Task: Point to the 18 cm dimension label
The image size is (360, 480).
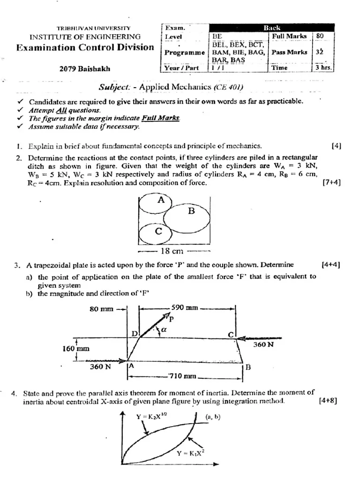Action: pyautogui.click(x=172, y=251)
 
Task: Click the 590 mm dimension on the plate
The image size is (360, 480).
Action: pyautogui.click(x=185, y=308)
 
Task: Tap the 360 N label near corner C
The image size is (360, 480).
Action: pyautogui.click(x=262, y=345)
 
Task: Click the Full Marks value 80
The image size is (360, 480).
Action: pyautogui.click(x=320, y=36)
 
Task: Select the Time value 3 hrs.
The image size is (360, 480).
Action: pyautogui.click(x=323, y=67)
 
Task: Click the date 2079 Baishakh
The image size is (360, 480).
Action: pyautogui.click(x=85, y=68)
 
